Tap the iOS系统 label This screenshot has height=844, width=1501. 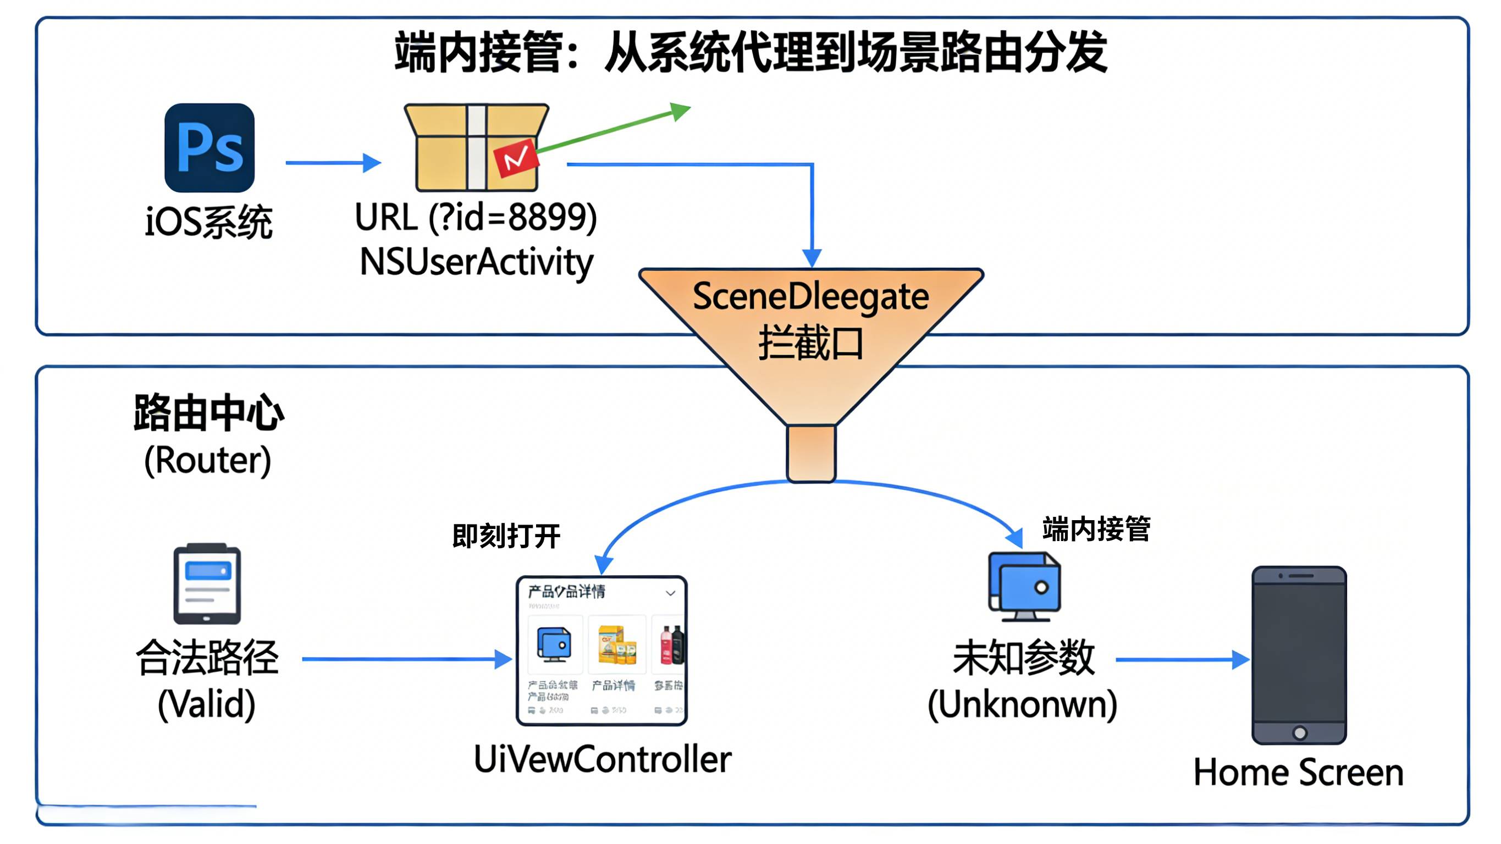click(x=208, y=222)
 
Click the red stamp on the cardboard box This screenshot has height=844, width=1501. click(x=515, y=157)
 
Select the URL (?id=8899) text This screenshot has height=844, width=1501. click(x=476, y=217)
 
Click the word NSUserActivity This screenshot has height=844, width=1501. click(x=476, y=262)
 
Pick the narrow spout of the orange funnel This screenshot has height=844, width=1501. click(x=810, y=454)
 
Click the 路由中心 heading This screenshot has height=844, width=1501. click(x=208, y=413)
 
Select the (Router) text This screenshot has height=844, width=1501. click(x=207, y=460)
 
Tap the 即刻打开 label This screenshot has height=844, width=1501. click(x=506, y=536)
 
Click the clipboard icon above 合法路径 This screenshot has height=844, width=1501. click(x=207, y=583)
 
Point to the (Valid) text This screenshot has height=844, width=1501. click(x=206, y=704)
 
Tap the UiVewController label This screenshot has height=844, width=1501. click(x=602, y=759)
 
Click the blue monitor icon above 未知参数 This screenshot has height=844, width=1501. click(x=1024, y=586)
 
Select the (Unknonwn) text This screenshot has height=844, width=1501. click(x=1022, y=704)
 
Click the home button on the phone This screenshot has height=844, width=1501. click(x=1299, y=733)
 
